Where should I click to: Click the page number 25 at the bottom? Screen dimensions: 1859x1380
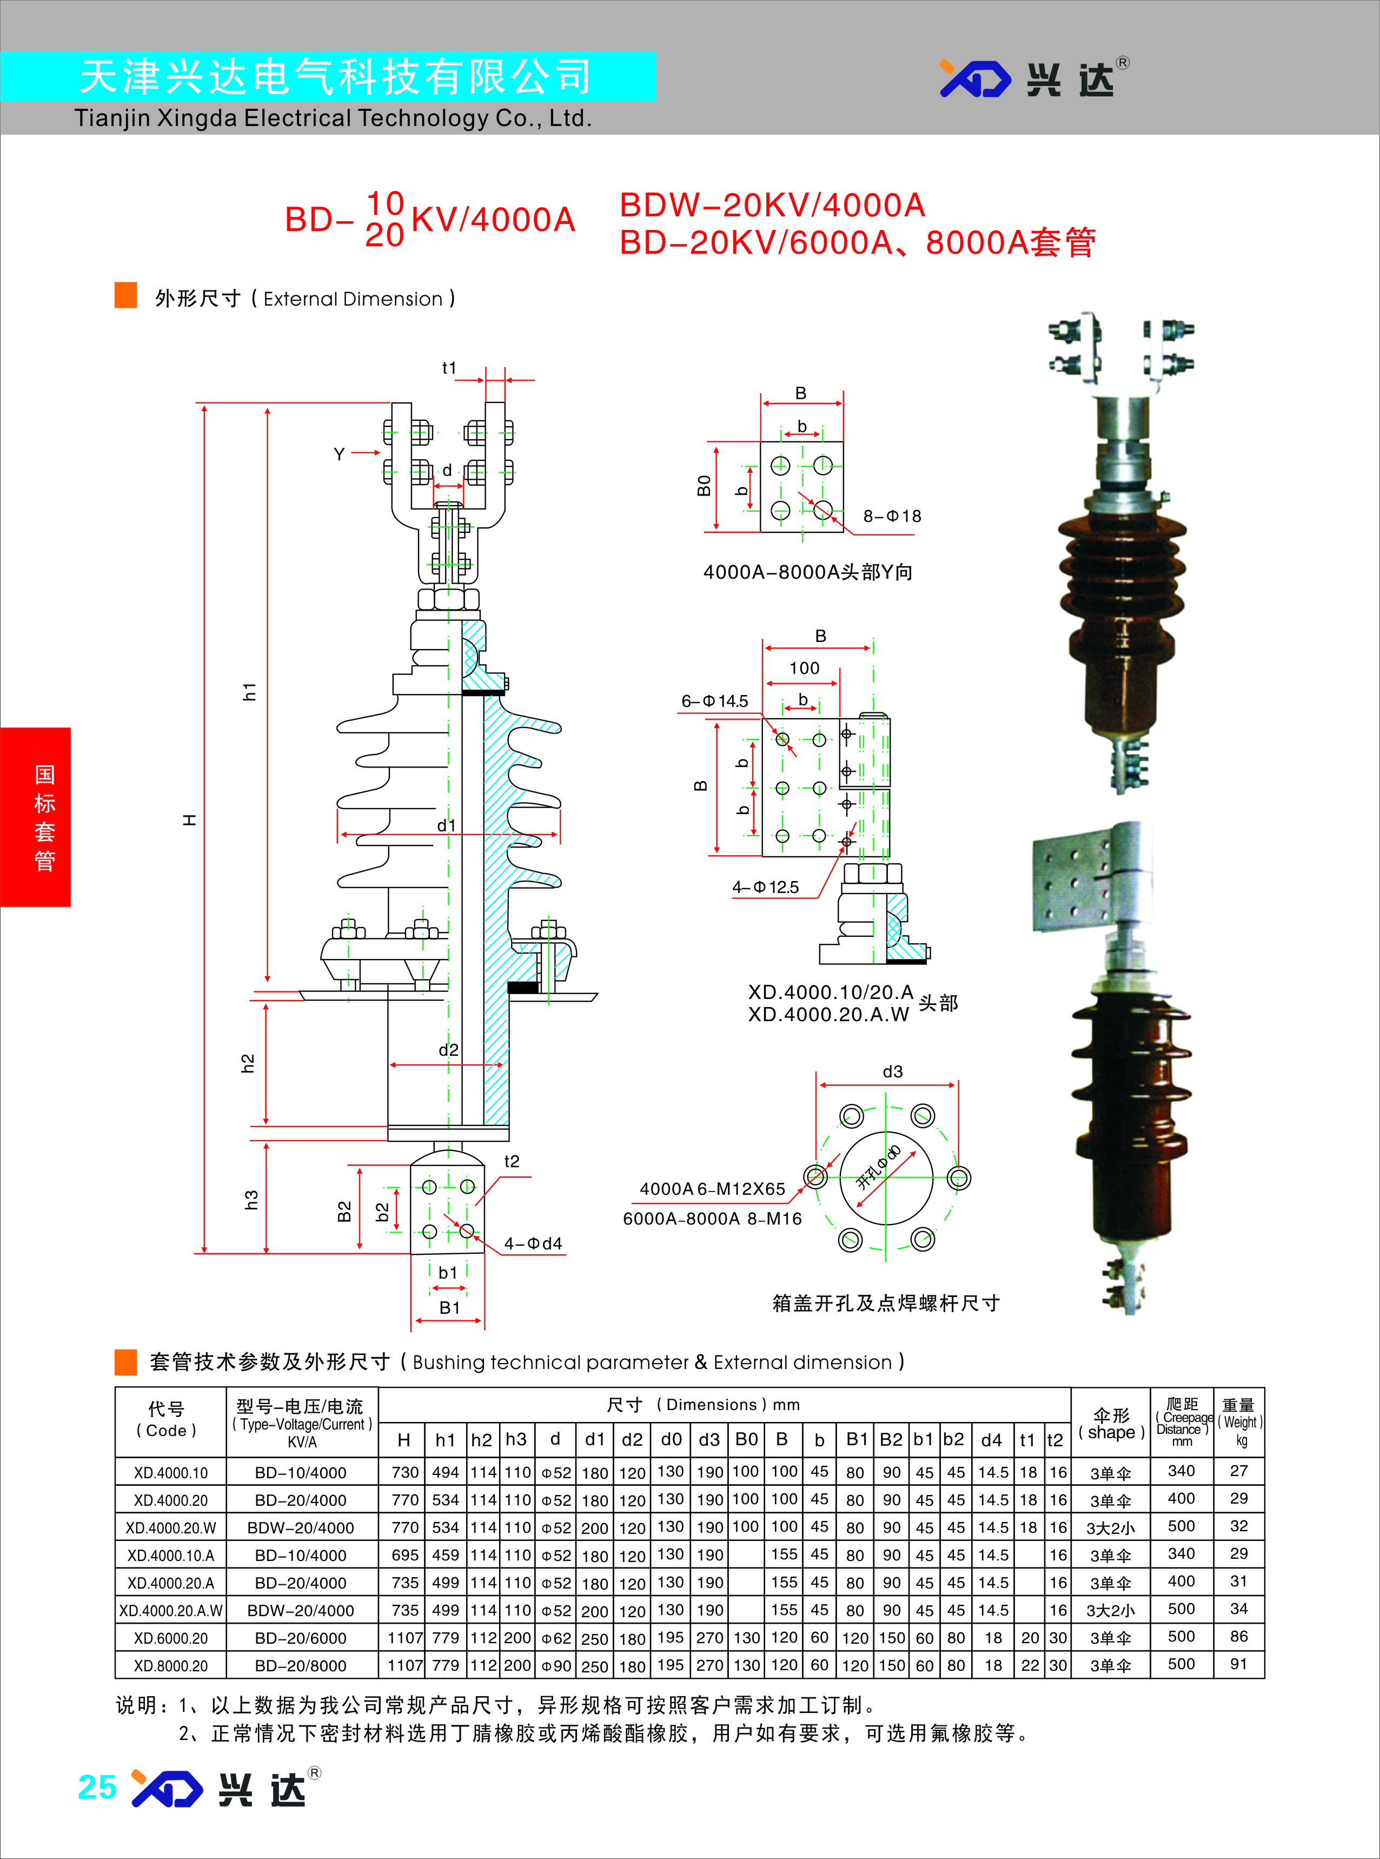click(x=97, y=1787)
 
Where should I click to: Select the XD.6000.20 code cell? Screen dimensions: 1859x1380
click(x=170, y=1638)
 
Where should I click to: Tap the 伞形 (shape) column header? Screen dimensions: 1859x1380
click(x=1111, y=1424)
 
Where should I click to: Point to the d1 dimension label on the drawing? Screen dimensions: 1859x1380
click(x=447, y=825)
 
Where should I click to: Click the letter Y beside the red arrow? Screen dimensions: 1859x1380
click(x=339, y=454)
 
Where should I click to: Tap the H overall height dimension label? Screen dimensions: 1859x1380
click(x=190, y=821)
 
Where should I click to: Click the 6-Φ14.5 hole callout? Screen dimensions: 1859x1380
click(x=714, y=701)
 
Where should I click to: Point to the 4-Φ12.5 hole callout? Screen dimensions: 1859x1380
click(x=765, y=887)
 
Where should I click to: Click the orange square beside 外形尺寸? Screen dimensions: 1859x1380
click(x=125, y=296)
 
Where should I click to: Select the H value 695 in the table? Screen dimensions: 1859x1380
click(x=404, y=1555)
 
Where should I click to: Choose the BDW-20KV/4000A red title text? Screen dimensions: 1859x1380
click(x=772, y=204)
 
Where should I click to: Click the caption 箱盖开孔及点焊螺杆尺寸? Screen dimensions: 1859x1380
click(x=885, y=1302)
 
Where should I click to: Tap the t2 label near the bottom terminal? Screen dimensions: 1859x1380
click(x=511, y=1161)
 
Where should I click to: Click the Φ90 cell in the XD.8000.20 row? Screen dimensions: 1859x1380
click(x=555, y=1665)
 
